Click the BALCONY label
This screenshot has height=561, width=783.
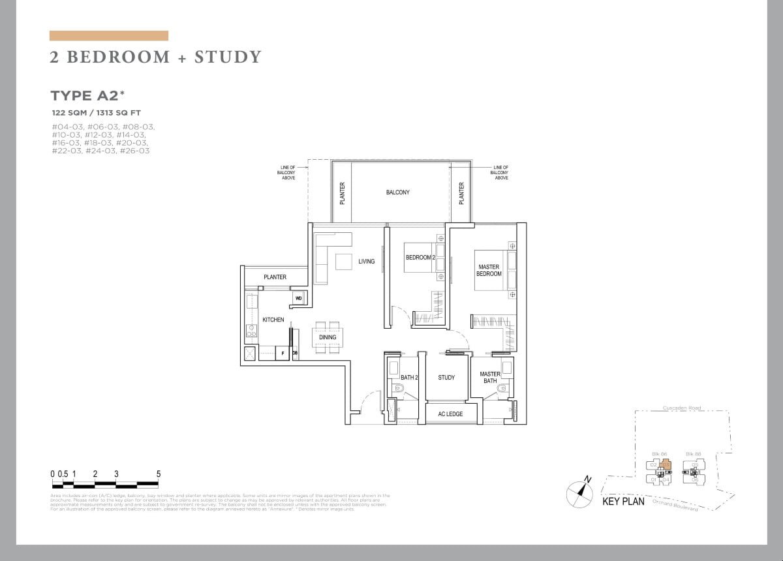(x=397, y=192)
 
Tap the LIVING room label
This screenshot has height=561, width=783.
(x=366, y=262)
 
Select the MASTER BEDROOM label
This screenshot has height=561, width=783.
(x=489, y=270)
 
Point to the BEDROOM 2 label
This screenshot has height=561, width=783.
(x=419, y=258)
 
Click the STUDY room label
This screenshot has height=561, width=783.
(x=446, y=378)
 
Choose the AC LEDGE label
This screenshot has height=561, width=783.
(x=450, y=414)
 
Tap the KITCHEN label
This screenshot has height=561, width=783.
(x=273, y=320)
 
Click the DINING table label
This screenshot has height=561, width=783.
(x=328, y=337)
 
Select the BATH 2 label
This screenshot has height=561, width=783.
(x=409, y=378)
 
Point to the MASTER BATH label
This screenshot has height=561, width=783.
(x=490, y=378)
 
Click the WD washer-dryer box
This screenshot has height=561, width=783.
(x=299, y=298)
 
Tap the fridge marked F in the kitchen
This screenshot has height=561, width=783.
(x=283, y=354)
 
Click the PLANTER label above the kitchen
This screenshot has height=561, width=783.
(x=275, y=277)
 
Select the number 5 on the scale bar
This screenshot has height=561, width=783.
(x=158, y=474)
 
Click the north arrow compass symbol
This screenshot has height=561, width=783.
(x=579, y=493)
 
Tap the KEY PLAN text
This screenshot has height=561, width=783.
(x=623, y=502)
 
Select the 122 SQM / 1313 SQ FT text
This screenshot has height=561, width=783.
(x=96, y=113)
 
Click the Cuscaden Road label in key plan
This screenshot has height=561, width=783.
(x=682, y=408)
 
